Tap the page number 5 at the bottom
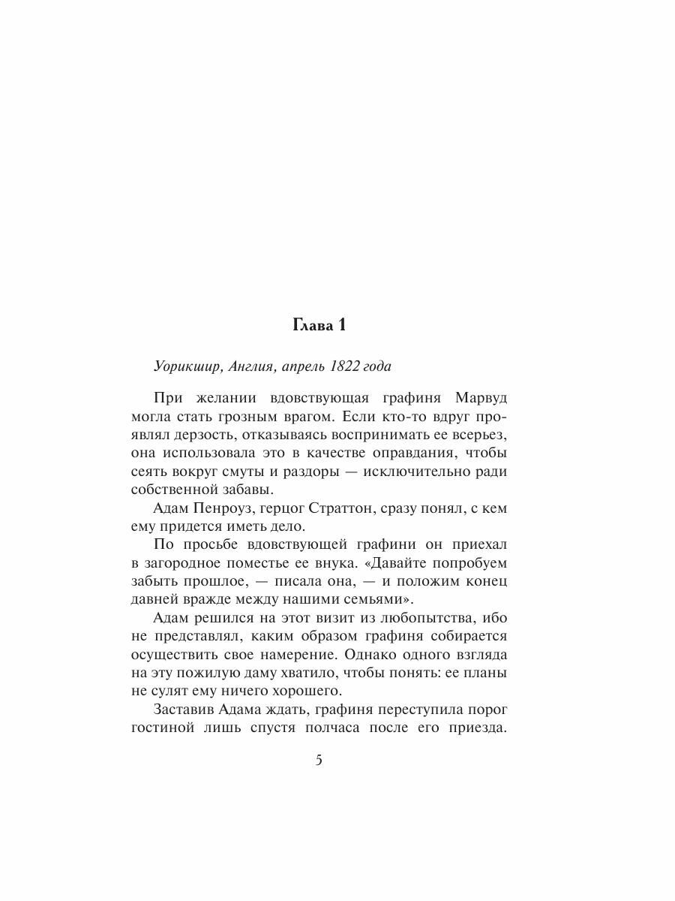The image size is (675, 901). point(318,761)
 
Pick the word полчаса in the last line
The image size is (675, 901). point(334,727)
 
